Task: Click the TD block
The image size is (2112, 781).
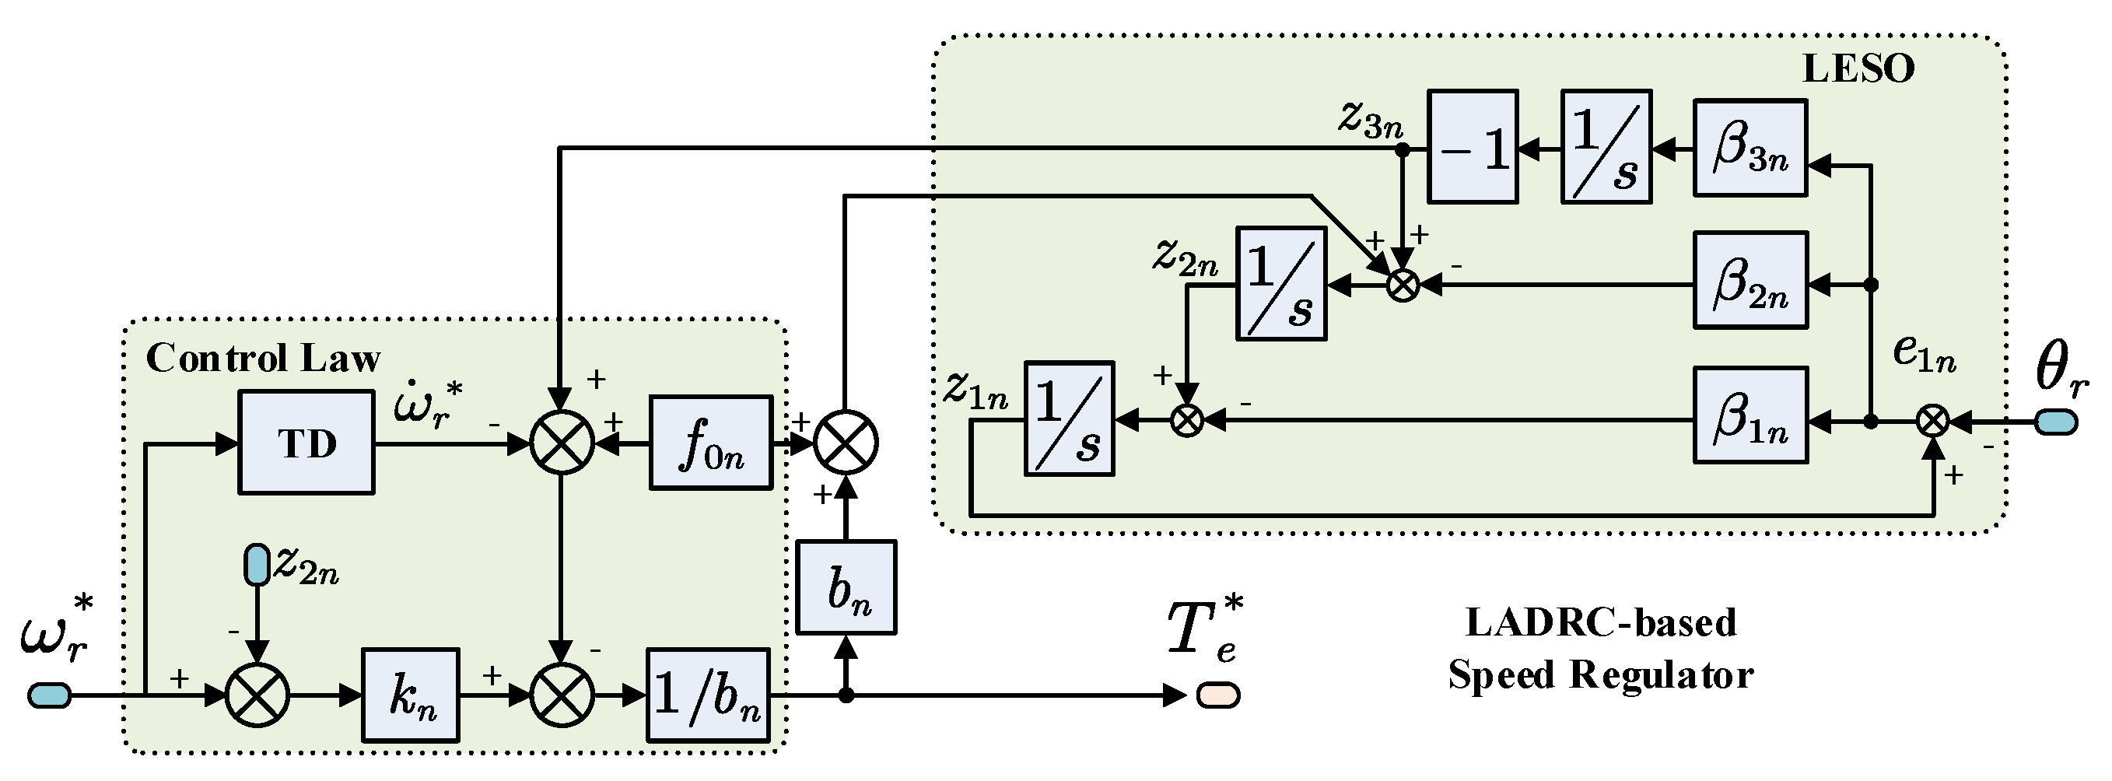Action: pos(306,443)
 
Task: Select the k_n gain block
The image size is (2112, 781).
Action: pos(411,695)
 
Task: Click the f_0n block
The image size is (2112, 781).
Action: pos(711,443)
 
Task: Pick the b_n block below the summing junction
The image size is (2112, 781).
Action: pos(846,587)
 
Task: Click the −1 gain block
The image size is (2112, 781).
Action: pos(1473,148)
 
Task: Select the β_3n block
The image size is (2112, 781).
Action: pos(1750,149)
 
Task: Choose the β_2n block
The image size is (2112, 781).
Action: pos(1750,281)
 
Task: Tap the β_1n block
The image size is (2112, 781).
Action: pos(1750,416)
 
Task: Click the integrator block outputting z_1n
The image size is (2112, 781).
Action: pos(1069,419)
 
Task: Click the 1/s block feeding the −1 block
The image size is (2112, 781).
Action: pos(1606,148)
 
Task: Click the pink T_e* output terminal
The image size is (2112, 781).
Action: pos(1217,695)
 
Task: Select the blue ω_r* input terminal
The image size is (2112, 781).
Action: pos(49,695)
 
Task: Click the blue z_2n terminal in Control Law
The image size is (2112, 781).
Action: pos(257,565)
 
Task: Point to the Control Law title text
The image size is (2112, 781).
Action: pos(262,359)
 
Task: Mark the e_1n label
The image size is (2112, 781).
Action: pos(1925,355)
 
